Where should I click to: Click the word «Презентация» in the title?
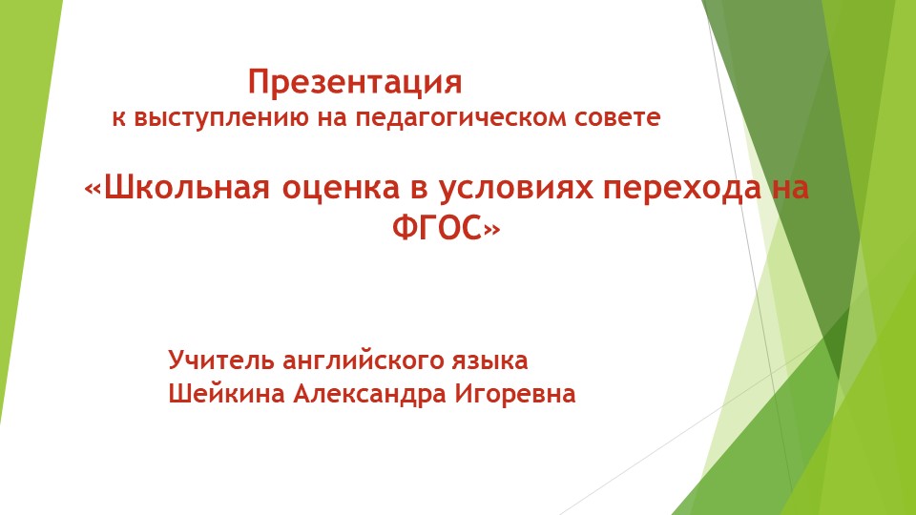[x=355, y=83]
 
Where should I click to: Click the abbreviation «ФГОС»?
[x=438, y=229]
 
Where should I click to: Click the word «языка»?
[x=492, y=361]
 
